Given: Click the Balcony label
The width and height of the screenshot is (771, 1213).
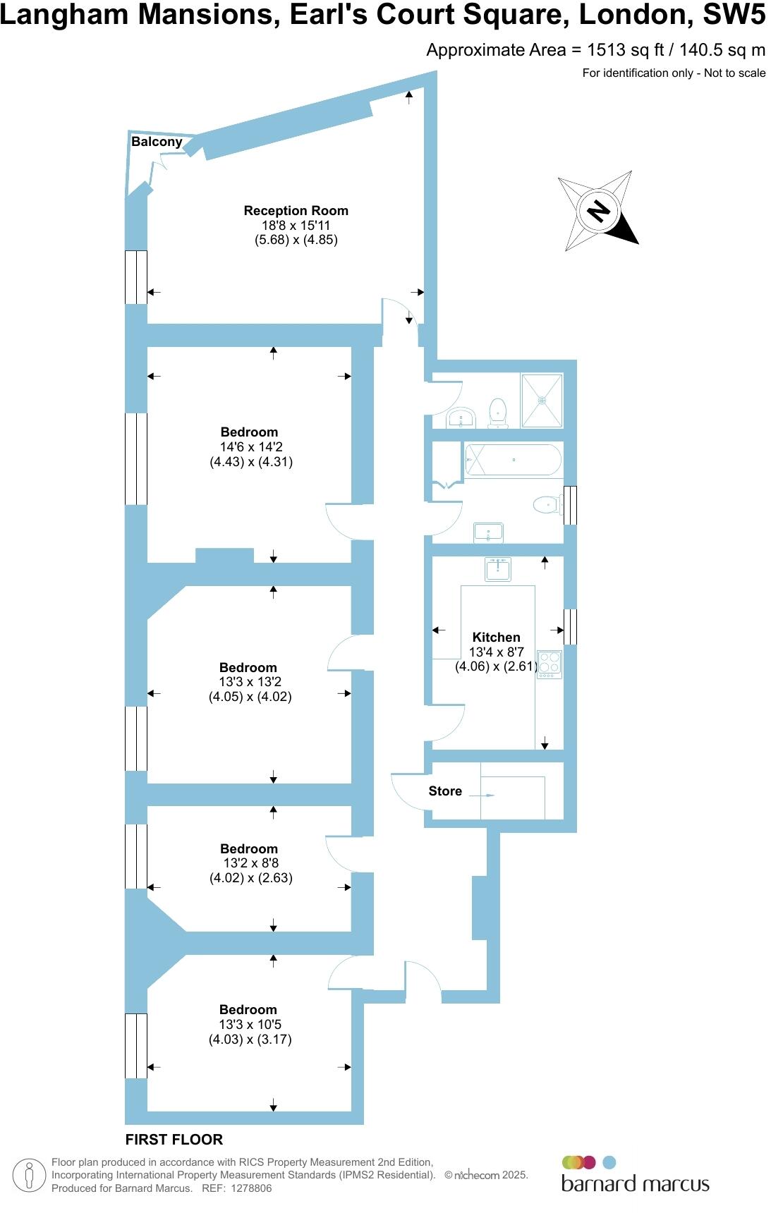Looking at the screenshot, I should [x=157, y=142].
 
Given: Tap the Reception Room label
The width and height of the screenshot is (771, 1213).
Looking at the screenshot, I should [x=296, y=210].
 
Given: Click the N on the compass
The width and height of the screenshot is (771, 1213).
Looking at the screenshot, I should [x=599, y=210].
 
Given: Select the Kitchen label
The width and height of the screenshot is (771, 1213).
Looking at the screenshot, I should [x=496, y=637].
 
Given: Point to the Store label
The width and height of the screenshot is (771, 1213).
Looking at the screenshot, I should [x=445, y=791].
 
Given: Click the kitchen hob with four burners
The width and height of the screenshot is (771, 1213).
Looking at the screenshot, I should [x=550, y=664].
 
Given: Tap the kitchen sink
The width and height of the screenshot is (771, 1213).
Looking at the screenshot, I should [x=498, y=569].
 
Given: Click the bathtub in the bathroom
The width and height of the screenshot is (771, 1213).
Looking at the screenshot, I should [x=513, y=460].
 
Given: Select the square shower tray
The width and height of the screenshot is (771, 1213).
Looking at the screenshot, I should [x=542, y=401].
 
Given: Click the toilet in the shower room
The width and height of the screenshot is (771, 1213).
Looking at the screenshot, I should [x=498, y=412].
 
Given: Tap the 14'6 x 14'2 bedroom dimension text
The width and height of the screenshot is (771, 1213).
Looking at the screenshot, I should [x=251, y=447].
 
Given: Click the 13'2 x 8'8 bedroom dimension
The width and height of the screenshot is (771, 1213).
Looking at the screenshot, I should [x=250, y=863].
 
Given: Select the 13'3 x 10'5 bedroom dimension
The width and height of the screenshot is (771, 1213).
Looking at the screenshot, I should [x=250, y=1025].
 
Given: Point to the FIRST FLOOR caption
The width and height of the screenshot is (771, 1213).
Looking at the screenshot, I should [x=174, y=1140].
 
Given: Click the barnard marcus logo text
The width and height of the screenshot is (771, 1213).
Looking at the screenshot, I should [x=635, y=1183].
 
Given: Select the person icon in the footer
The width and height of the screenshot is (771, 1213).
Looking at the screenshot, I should [x=29, y=1176].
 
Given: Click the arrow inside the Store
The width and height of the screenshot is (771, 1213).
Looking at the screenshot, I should [x=483, y=796].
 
